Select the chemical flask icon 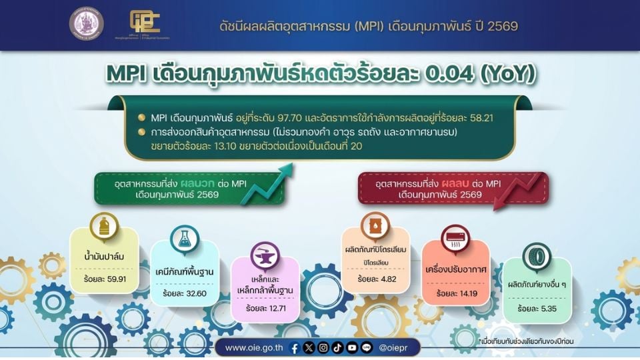point(185,241)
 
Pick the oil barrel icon point(375,227)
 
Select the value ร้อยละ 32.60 point(185,293)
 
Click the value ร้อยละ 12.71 point(266,309)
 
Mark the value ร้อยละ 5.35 point(537,309)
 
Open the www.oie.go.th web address point(253,347)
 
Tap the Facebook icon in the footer point(295,347)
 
